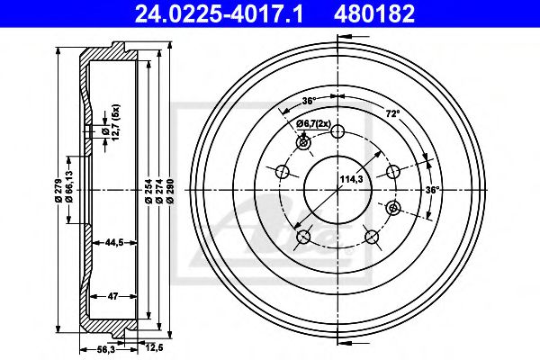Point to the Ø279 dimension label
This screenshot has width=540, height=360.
(x=58, y=190)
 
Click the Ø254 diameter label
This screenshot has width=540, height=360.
(x=147, y=190)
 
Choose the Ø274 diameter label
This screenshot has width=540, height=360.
(x=160, y=190)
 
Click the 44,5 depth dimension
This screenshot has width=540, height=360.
(x=113, y=243)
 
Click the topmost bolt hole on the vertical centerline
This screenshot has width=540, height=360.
(x=338, y=131)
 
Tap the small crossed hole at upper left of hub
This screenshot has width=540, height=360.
(x=303, y=143)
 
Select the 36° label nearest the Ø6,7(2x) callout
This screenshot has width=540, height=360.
(x=309, y=100)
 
